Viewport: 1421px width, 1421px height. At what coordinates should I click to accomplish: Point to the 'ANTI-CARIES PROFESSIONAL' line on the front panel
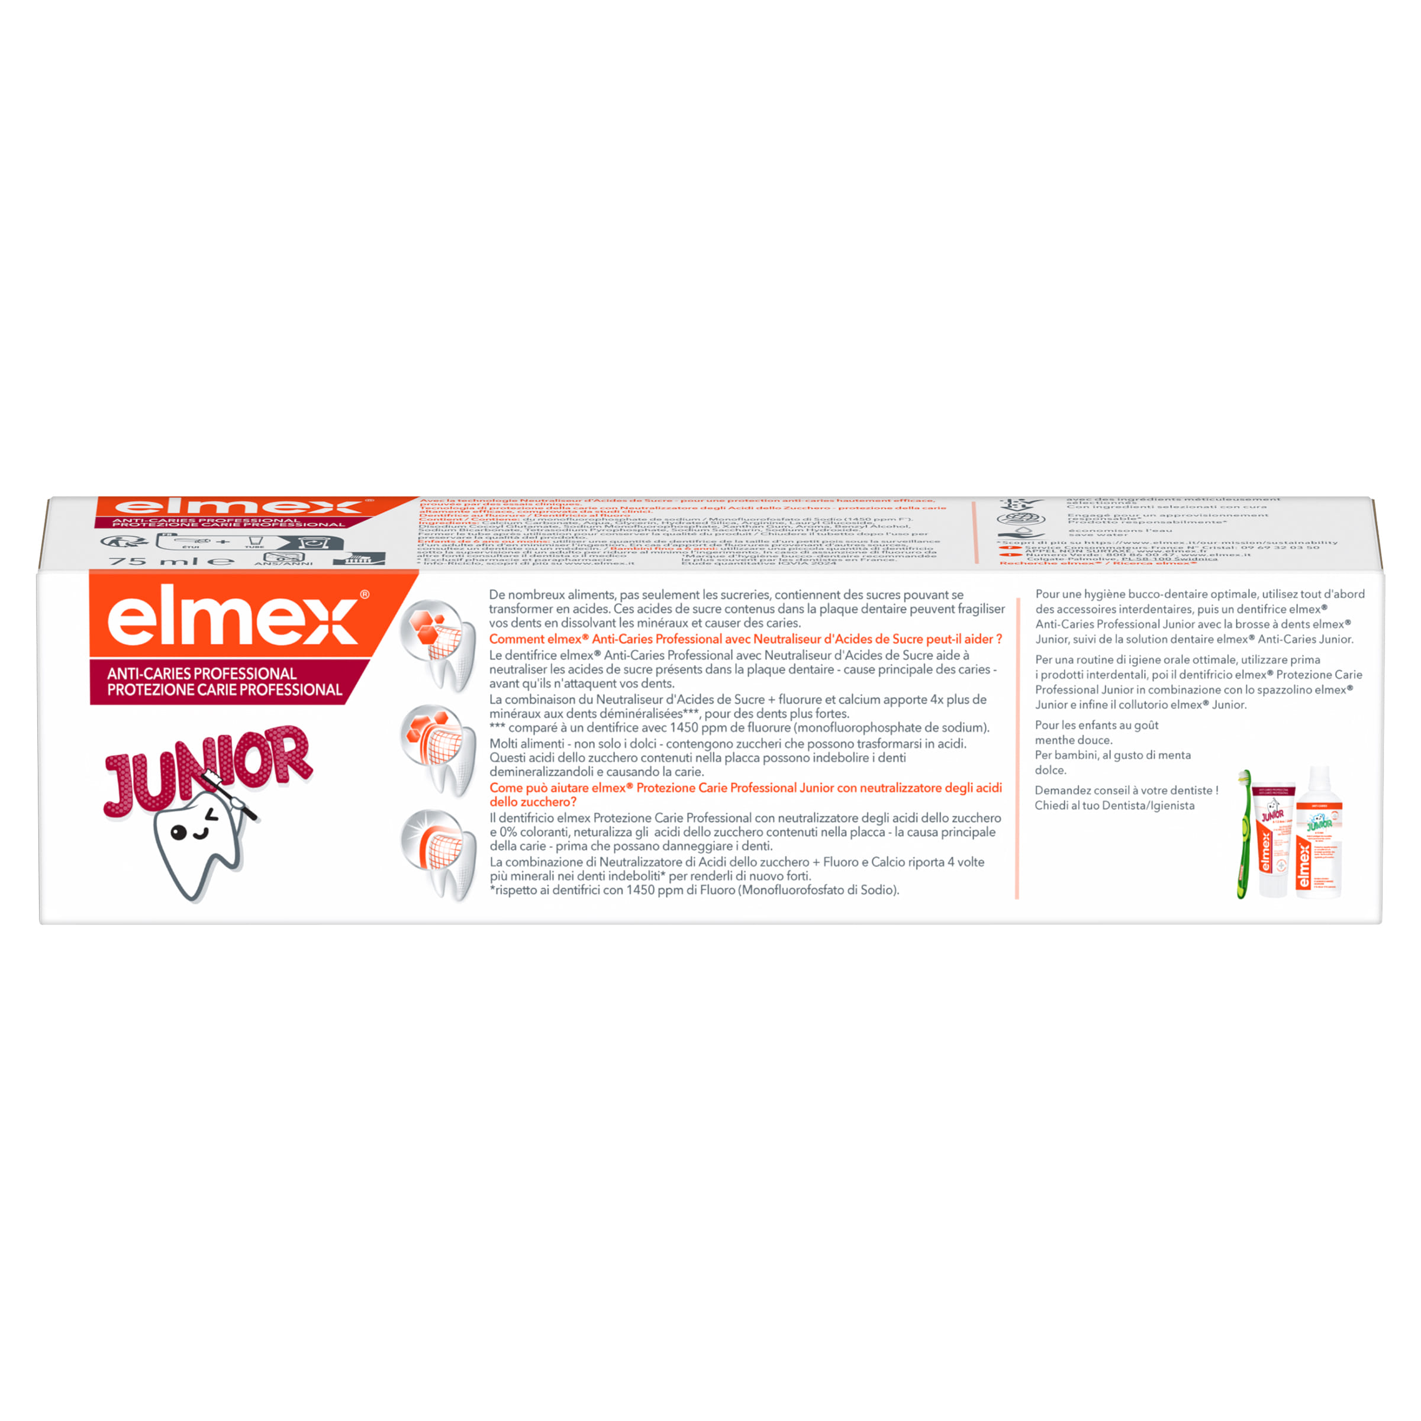202,673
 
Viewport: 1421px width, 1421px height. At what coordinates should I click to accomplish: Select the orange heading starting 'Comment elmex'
745,639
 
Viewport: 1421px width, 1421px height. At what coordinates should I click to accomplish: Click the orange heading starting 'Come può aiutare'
745,794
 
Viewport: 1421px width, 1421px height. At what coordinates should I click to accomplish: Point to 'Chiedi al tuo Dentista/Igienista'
1114,805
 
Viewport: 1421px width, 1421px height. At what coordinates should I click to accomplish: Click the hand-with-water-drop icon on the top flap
1021,534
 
